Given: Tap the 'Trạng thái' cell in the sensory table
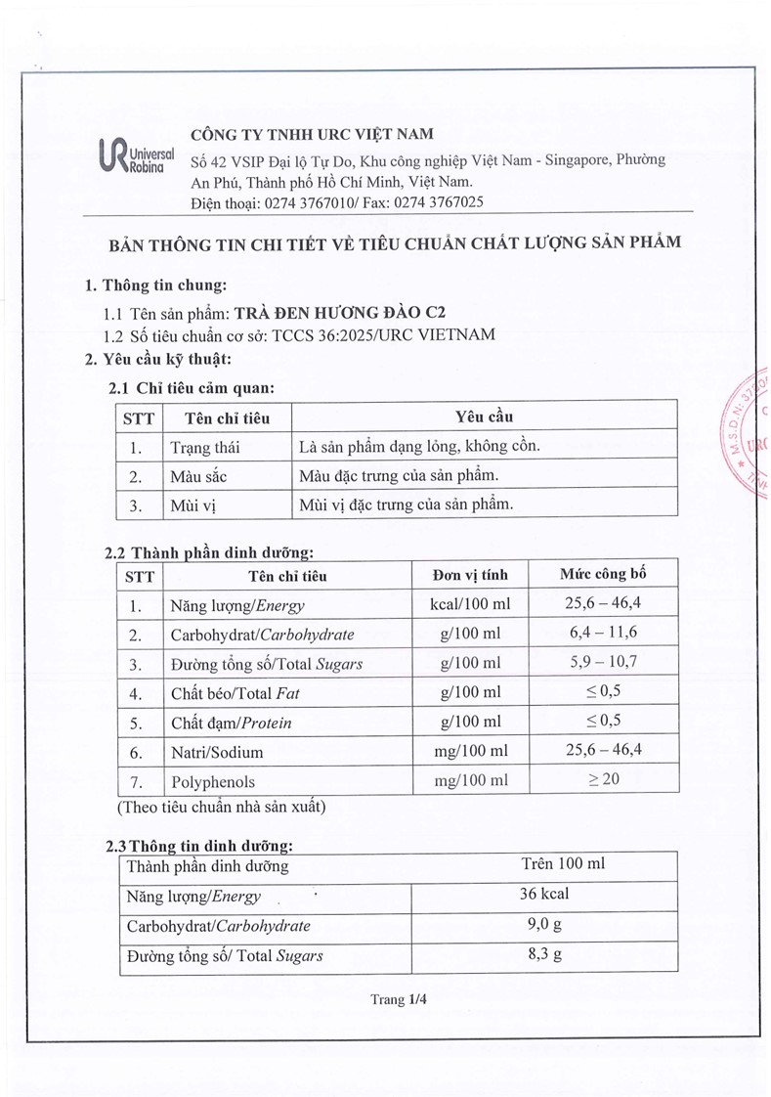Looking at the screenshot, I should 204,448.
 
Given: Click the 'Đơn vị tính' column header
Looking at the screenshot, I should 469,575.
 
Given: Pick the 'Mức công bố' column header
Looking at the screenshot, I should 602,574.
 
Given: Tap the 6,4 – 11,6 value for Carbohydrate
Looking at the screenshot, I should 603,633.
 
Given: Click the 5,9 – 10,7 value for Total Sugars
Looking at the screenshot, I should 603,662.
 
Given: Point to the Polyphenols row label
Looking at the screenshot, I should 212,782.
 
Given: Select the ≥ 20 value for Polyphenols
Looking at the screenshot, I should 603,779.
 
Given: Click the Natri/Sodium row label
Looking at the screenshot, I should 216,753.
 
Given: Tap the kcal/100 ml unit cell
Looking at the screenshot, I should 469,604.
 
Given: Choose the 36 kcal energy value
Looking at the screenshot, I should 544,894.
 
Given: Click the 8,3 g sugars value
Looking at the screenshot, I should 544,954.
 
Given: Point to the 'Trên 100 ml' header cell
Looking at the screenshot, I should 564,863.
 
